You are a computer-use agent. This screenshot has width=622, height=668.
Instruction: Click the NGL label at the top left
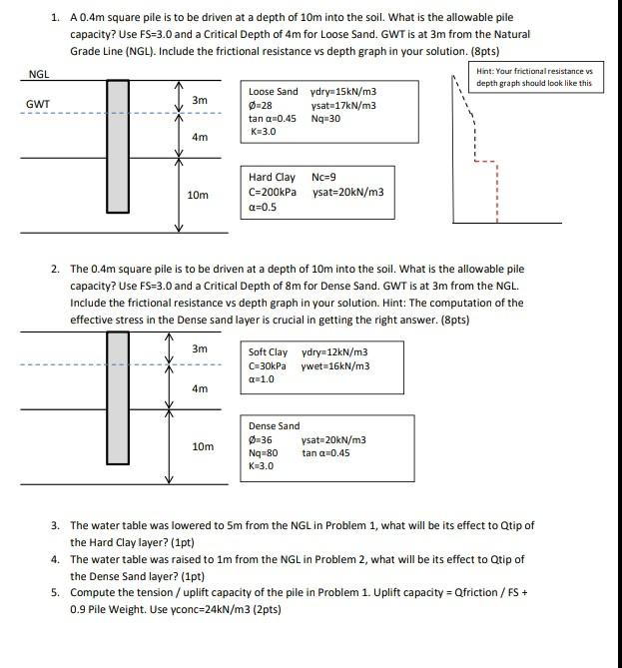[39, 74]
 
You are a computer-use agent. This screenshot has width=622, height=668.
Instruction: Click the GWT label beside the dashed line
[39, 103]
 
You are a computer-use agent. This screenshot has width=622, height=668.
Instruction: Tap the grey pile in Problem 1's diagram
[118, 146]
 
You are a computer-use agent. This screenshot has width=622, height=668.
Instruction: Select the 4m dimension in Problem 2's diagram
[199, 388]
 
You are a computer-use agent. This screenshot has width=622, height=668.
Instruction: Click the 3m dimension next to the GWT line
[199, 100]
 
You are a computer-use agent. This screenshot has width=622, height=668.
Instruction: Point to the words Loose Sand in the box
[273, 92]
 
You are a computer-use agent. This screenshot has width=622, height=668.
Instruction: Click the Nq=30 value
[326, 118]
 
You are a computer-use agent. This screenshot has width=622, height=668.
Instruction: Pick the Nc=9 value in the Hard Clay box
[324, 178]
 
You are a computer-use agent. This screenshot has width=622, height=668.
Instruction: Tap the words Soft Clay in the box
[268, 352]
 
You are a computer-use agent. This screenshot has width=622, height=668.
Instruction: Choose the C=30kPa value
[268, 365]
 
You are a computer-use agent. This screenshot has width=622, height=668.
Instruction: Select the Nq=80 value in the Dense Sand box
[264, 452]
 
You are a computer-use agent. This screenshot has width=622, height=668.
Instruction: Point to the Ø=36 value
[261, 439]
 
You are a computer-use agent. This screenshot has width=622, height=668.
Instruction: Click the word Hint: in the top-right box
[489, 71]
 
